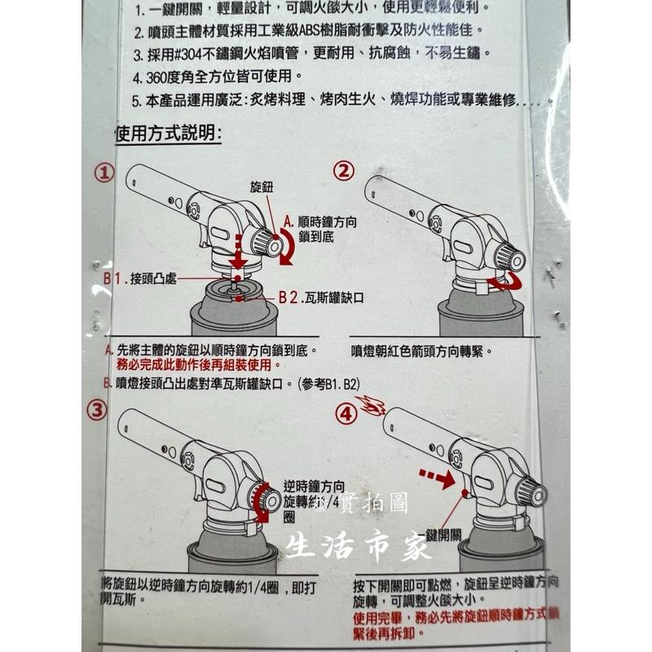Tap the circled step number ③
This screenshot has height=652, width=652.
pos(98,410)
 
